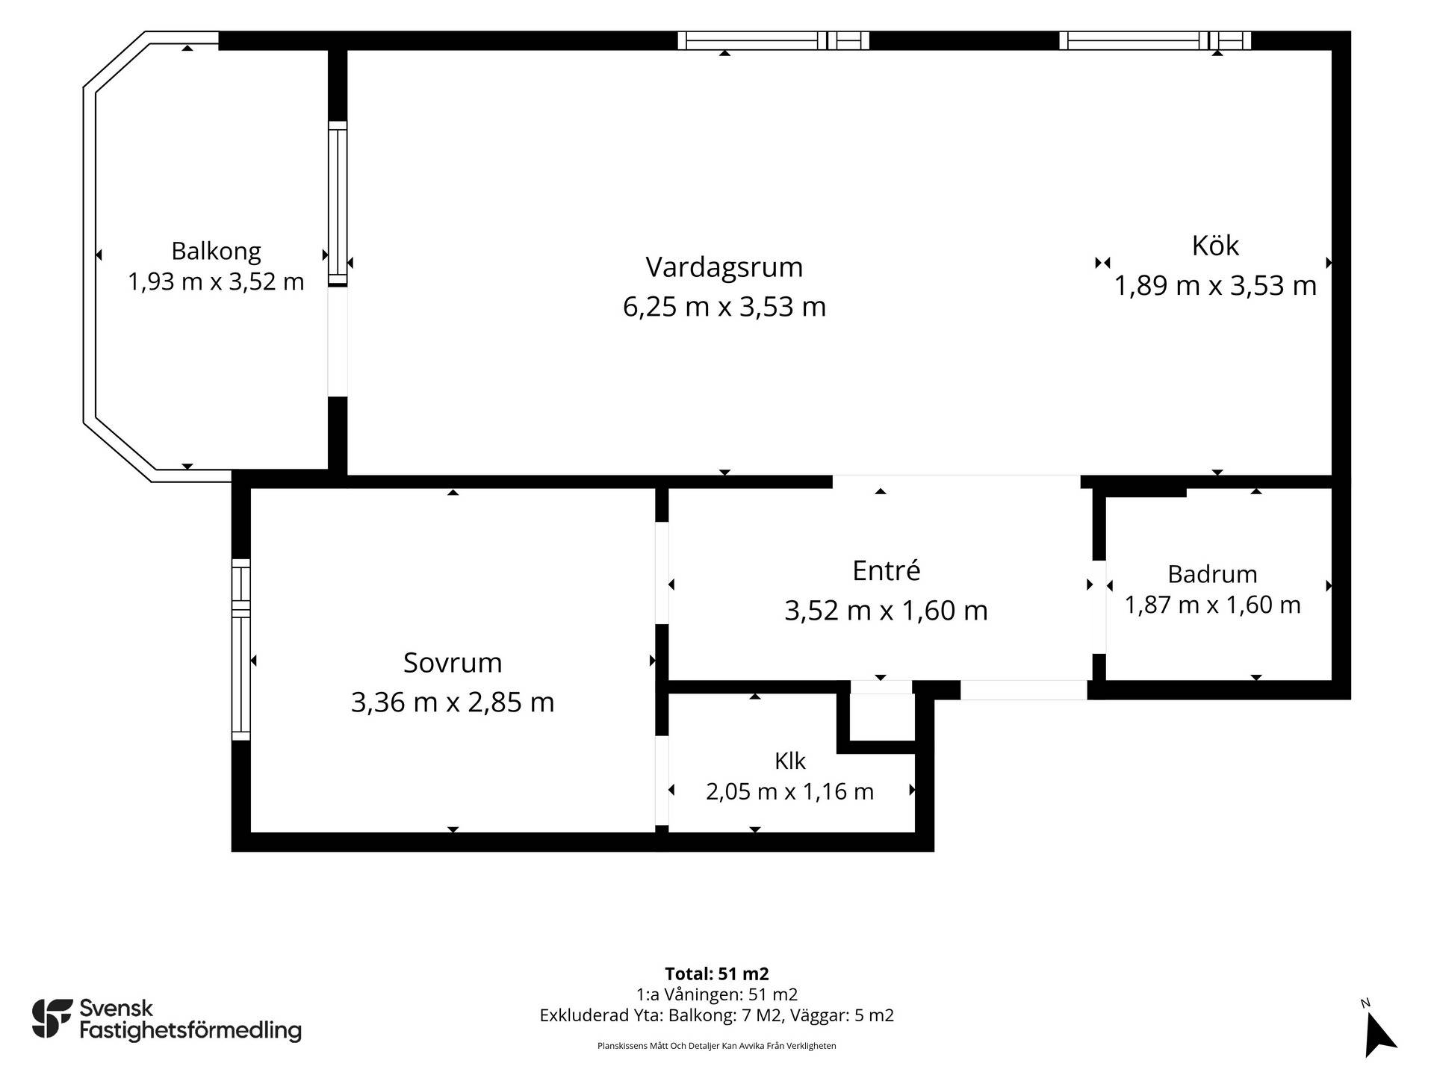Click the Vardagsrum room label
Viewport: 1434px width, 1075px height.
point(724,267)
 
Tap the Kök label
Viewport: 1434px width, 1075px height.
point(1215,246)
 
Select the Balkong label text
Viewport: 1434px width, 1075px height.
point(216,252)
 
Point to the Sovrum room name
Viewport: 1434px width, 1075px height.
point(453,663)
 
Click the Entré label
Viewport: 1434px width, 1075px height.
point(886,570)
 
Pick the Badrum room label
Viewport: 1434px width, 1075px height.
point(1212,574)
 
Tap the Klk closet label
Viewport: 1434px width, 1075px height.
point(789,761)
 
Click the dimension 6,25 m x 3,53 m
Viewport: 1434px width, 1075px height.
point(724,307)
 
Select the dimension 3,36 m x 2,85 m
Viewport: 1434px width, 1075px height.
point(453,702)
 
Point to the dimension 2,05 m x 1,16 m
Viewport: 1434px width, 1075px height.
point(789,791)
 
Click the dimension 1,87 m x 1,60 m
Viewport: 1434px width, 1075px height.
point(1212,605)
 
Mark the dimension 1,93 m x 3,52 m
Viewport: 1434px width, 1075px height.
point(216,282)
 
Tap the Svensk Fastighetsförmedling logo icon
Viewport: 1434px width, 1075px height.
point(52,1018)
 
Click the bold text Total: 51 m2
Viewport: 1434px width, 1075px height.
point(717,973)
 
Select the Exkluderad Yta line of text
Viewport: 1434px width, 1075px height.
point(717,1015)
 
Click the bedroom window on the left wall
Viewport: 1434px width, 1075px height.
point(240,649)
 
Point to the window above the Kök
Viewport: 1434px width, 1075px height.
point(1155,40)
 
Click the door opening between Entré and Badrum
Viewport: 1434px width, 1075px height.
point(1099,607)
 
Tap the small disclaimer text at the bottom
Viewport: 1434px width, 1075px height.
point(717,1046)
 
